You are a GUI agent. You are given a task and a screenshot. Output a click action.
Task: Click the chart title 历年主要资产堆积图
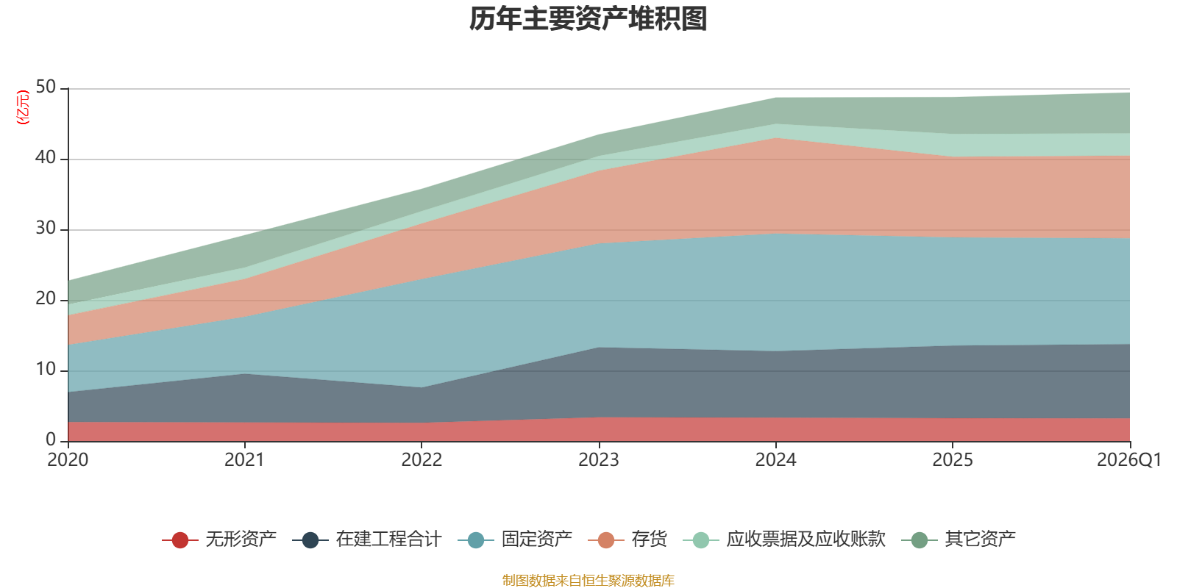coord(588,19)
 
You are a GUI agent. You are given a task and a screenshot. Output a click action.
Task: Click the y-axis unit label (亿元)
coord(23,107)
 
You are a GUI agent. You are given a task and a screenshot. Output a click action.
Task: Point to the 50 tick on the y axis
coord(46,87)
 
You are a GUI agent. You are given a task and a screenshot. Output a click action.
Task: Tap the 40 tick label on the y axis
coord(46,157)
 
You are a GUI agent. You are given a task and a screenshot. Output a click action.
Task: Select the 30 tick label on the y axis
coord(46,229)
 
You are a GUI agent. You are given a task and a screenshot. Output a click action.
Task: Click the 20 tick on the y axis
coord(46,298)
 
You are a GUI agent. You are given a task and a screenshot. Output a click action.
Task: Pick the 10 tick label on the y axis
coord(46,370)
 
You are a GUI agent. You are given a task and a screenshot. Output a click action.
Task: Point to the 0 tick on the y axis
coord(51,440)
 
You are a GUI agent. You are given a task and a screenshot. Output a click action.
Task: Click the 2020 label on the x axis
coord(68,460)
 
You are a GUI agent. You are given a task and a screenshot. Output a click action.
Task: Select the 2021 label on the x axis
coord(244,460)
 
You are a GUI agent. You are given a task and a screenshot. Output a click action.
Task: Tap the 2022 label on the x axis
coord(422,460)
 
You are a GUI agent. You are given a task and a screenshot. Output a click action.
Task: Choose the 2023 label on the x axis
coord(599,460)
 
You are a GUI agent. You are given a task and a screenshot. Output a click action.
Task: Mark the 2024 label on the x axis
coord(775,460)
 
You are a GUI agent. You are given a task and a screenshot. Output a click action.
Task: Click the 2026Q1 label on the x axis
coord(1129,460)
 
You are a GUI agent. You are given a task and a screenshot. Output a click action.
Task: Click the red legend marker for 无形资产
coord(180,539)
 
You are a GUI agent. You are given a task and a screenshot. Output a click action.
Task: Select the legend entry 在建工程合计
coord(367,539)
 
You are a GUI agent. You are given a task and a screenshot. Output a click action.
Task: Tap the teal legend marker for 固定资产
coord(476,539)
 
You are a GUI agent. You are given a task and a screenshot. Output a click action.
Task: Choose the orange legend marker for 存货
coord(606,539)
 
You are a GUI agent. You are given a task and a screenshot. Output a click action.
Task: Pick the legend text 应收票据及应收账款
coord(806,539)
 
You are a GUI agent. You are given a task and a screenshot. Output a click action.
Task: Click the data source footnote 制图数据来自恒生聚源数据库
coord(588,580)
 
